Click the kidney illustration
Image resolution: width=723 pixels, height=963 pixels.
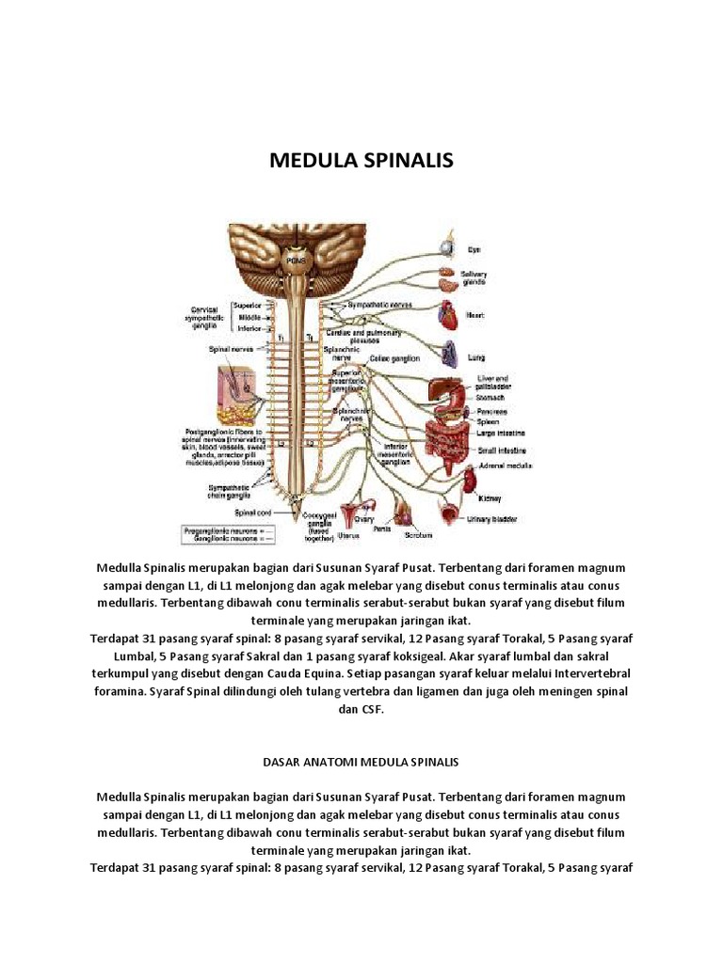461,481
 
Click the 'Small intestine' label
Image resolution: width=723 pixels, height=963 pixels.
498,450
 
